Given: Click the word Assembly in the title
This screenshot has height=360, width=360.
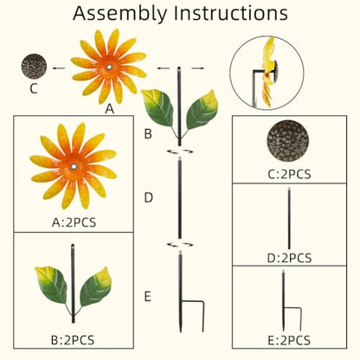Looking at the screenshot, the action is (x=120, y=13).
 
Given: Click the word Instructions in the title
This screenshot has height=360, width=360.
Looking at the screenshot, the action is (x=231, y=13).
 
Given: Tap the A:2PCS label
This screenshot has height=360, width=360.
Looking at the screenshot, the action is (x=74, y=222).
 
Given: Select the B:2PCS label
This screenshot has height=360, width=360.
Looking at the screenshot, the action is (x=73, y=340).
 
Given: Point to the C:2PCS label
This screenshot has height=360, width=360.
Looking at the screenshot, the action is (x=289, y=174).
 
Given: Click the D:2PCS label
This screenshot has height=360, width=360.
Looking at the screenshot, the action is (x=289, y=258).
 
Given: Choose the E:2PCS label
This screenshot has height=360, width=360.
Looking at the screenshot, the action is (x=289, y=340).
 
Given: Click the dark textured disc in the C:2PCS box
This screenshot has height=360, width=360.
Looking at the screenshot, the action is (x=288, y=141).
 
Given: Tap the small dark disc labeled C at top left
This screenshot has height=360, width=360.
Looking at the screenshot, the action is (x=34, y=67).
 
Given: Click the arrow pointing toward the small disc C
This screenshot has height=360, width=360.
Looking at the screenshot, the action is (x=59, y=68).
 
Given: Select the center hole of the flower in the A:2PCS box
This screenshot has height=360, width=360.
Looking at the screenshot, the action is (x=74, y=166).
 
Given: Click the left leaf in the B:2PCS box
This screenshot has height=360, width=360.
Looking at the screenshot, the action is (x=51, y=286).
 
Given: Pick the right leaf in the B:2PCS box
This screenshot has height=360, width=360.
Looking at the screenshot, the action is (x=95, y=286).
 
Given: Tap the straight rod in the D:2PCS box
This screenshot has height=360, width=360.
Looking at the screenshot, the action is (x=289, y=218).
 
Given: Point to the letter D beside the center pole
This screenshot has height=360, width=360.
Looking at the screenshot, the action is (x=148, y=198).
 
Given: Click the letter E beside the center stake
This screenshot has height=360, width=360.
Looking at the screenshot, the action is (x=148, y=297).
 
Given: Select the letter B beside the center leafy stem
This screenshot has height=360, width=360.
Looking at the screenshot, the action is (x=148, y=133).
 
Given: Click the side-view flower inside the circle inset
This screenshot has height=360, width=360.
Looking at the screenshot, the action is (x=268, y=72).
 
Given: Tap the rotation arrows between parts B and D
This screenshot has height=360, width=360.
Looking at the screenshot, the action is (x=180, y=151).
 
